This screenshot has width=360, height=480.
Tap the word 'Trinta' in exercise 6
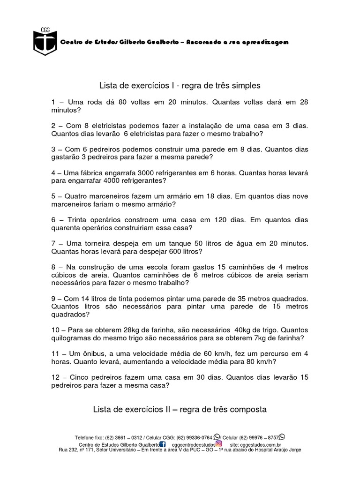point(78,220)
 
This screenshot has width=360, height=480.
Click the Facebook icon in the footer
point(162,444)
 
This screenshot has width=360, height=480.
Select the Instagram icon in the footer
point(218,444)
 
